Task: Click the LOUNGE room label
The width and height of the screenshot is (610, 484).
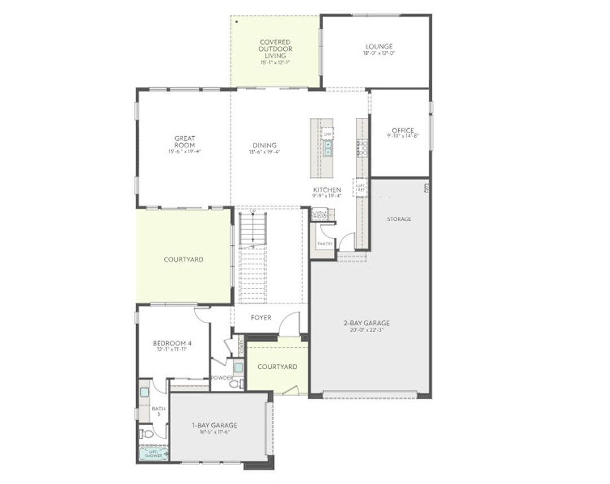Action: point(378,46)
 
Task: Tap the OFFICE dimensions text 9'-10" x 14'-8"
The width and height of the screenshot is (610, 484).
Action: point(403,136)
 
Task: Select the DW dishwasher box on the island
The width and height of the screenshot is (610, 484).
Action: point(328,134)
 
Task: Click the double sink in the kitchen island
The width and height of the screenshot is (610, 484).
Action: point(328,148)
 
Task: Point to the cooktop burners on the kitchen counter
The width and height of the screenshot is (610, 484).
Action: point(363,148)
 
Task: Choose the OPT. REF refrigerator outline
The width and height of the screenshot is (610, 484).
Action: point(360,187)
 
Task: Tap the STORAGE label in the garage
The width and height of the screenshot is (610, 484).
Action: point(399,219)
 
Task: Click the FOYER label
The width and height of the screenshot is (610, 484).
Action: point(261,317)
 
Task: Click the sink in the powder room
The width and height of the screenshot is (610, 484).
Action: point(238,368)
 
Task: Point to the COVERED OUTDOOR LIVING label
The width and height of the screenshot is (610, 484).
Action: point(274,49)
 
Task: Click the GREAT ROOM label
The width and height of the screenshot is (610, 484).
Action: point(184,141)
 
